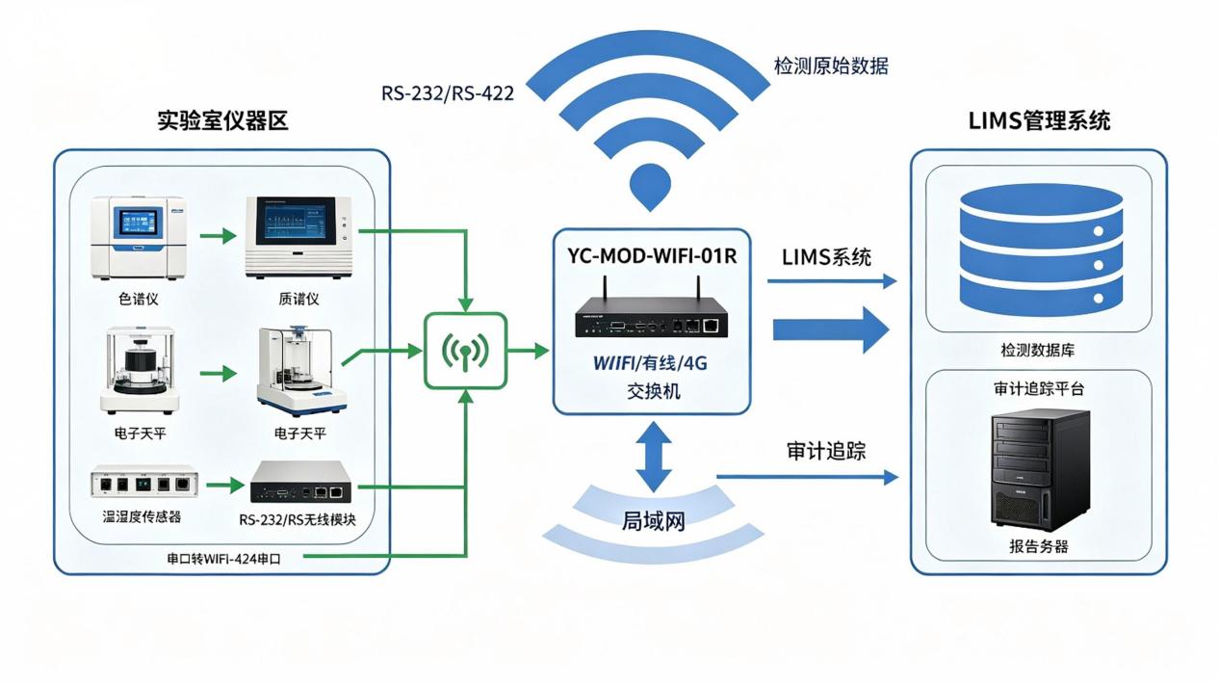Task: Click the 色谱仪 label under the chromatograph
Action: coord(138,299)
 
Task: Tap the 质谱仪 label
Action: coord(298,299)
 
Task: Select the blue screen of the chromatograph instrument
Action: coord(138,224)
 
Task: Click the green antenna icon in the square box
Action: coord(465,352)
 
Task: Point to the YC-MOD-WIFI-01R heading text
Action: coord(652,255)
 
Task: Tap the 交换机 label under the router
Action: coord(653,391)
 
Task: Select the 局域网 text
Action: coord(653,521)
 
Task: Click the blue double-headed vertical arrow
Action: coord(653,457)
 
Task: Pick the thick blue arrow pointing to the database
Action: coord(831,329)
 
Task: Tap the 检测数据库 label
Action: coord(1038,350)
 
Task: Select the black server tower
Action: coord(1040,470)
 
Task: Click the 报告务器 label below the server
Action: coord(1039,546)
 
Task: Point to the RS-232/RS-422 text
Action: coord(448,93)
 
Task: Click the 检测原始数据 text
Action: coord(831,66)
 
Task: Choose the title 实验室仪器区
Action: coord(223,120)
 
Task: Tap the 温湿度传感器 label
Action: coord(142,516)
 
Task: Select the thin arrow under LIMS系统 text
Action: coord(832,281)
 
